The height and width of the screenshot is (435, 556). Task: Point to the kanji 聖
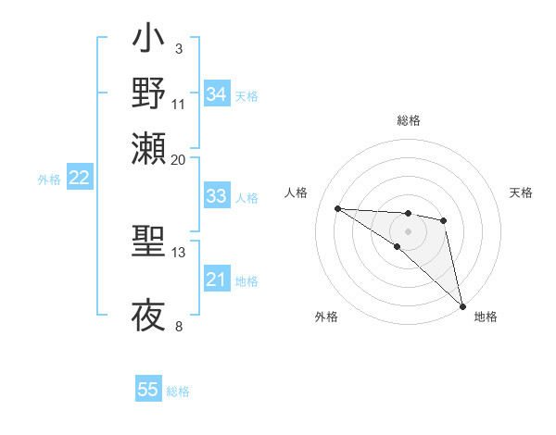[x=148, y=242]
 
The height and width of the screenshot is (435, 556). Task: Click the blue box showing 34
[x=217, y=94]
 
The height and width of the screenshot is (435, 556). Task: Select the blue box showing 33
[x=217, y=196]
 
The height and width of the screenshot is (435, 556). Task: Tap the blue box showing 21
[x=217, y=280]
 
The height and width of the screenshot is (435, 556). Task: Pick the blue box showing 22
[x=79, y=179]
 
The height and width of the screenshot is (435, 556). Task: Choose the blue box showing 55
[x=148, y=390]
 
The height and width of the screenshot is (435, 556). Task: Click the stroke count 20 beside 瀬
[x=178, y=159]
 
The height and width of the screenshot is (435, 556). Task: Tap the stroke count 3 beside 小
[x=178, y=47]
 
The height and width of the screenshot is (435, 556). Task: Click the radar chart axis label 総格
[x=408, y=120]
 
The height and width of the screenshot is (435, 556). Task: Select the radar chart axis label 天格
[x=521, y=193]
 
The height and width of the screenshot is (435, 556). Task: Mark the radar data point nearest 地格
[x=462, y=305]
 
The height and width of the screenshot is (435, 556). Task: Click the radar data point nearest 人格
[x=337, y=208]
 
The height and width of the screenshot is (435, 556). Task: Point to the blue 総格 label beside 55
[x=178, y=391]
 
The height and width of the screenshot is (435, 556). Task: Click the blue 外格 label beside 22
[x=48, y=180]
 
